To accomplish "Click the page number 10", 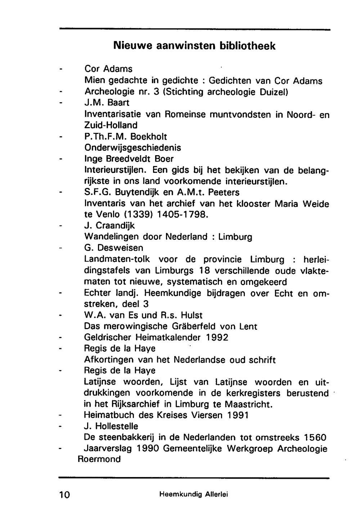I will click(66, 494).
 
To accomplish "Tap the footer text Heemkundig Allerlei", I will click(194, 494).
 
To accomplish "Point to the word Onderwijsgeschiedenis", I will click(132, 148).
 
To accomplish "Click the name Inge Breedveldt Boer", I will click(129, 159).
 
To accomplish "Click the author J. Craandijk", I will click(109, 226).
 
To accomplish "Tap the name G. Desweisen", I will click(113, 248).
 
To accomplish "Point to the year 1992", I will click(217, 338).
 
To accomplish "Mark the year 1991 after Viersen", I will click(238, 415).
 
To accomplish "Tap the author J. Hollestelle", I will click(111, 426).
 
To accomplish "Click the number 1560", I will click(315, 437).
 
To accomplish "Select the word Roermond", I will click(99, 459).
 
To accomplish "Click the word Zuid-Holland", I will click(111, 125).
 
